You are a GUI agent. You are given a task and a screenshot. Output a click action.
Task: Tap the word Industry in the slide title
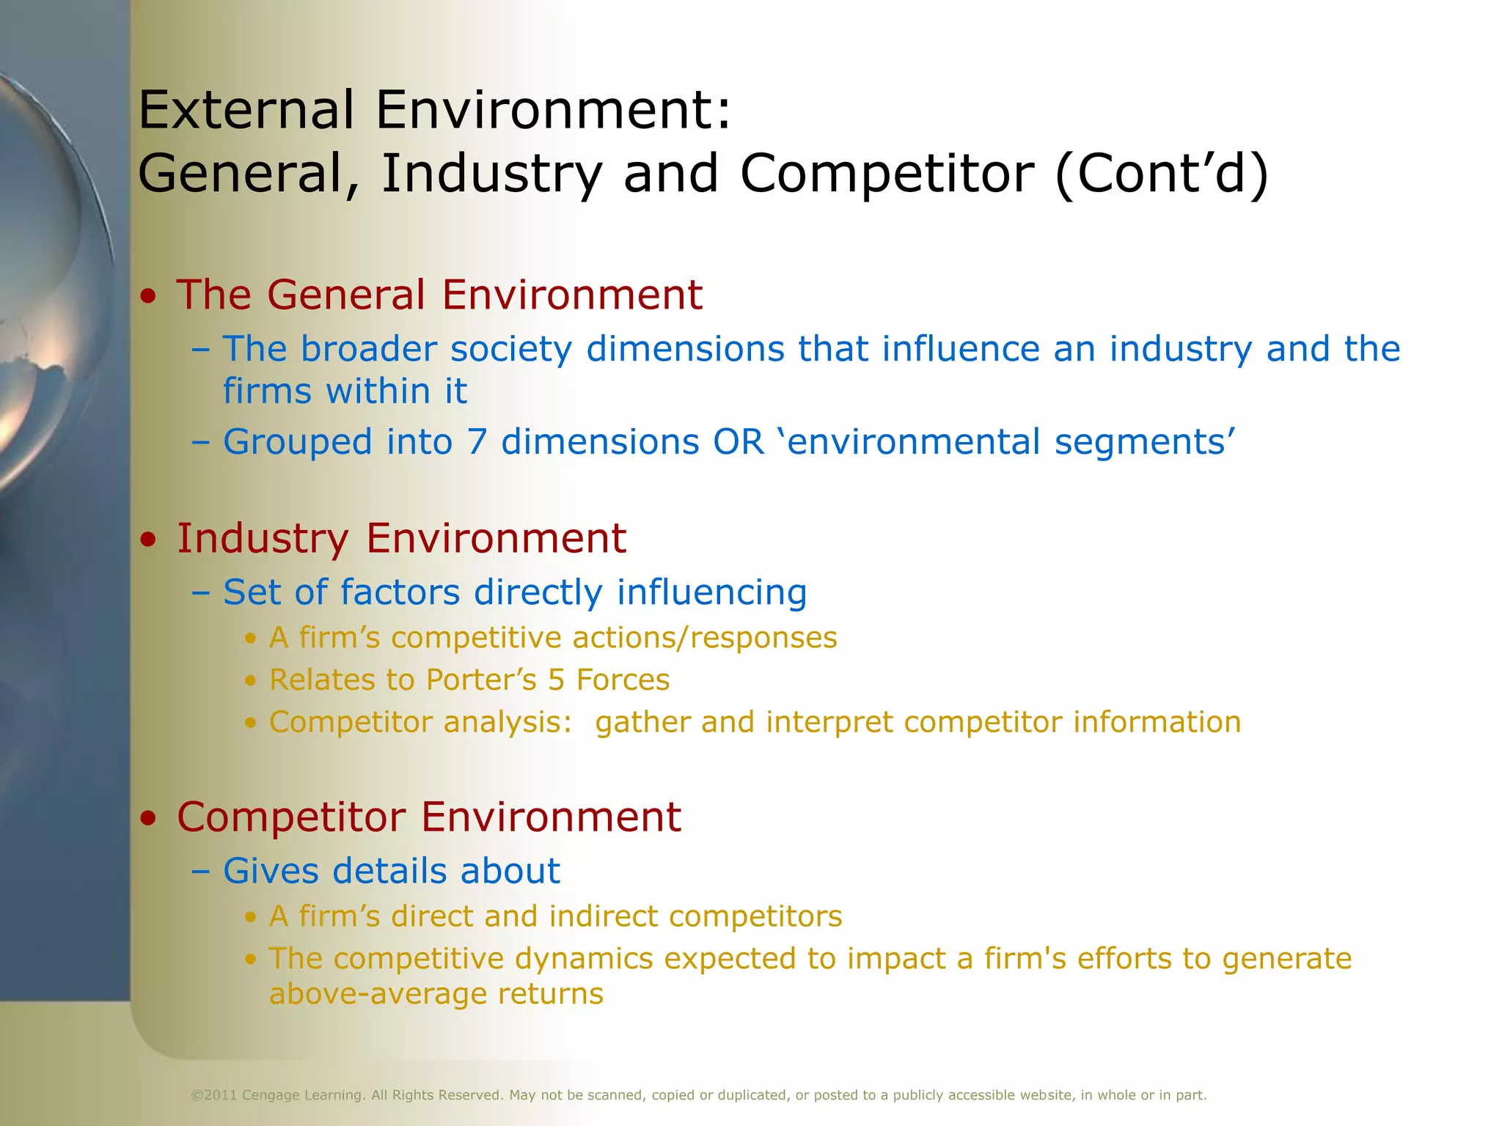point(491,174)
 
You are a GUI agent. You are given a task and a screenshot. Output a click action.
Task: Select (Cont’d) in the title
point(1161,174)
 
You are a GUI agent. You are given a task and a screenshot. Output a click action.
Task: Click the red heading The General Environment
point(439,295)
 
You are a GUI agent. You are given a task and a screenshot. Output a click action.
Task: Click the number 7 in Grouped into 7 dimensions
point(477,442)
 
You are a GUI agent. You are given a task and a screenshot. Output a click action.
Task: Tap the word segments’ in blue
point(1145,442)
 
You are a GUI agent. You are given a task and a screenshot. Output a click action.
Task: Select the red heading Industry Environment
point(401,538)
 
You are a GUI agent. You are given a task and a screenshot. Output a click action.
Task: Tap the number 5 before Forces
point(557,680)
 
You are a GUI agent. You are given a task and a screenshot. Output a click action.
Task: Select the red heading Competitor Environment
point(429,817)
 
